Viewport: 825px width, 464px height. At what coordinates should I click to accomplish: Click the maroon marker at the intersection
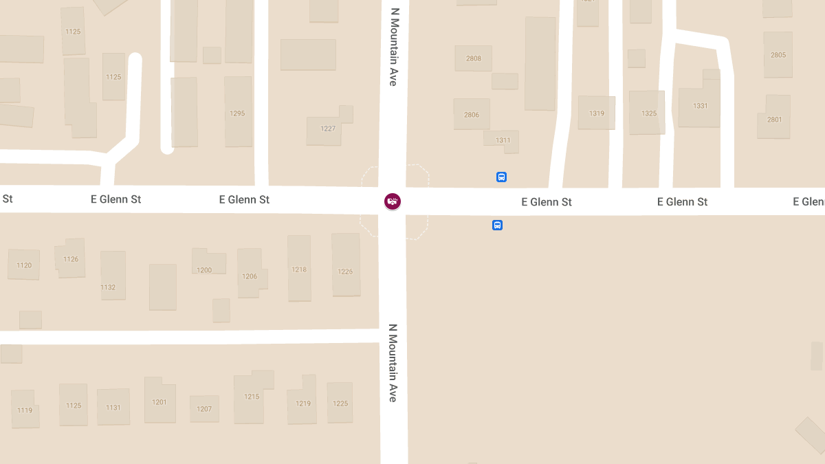[x=393, y=201]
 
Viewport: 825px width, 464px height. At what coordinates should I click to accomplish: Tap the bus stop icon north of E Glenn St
[x=501, y=177]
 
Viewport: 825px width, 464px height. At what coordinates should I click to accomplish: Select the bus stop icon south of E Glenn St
[x=497, y=225]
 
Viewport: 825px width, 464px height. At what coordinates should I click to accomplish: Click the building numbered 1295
[x=237, y=113]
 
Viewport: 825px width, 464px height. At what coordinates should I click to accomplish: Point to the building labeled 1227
[x=328, y=129]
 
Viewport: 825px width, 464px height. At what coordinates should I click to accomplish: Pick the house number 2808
[x=474, y=58]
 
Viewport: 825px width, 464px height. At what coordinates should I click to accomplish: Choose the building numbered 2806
[x=472, y=115]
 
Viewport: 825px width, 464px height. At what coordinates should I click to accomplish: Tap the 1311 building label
[x=503, y=140]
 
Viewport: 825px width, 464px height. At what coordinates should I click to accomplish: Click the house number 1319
[x=597, y=113]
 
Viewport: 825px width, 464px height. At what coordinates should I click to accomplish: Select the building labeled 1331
[x=700, y=106]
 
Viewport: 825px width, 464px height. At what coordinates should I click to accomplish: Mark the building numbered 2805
[x=778, y=55]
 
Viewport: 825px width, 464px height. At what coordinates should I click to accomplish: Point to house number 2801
[x=775, y=120]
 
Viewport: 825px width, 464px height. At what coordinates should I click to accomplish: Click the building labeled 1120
[x=24, y=265]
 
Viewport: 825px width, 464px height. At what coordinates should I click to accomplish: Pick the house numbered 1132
[x=108, y=287]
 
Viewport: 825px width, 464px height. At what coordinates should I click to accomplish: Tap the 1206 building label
[x=250, y=276]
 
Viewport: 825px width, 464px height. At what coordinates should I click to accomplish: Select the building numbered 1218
[x=299, y=269]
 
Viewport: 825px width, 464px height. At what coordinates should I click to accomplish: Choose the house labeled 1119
[x=25, y=410]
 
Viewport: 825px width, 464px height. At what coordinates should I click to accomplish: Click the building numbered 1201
[x=159, y=402]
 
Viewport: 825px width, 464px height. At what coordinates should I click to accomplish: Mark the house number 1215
[x=252, y=397]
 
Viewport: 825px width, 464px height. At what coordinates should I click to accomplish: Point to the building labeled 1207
[x=204, y=409]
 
